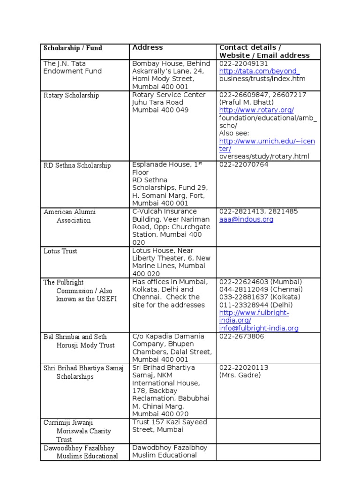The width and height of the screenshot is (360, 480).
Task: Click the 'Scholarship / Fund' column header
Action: click(73, 48)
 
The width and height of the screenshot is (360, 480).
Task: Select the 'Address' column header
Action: click(148, 47)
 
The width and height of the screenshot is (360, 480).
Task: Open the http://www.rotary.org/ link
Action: click(256, 110)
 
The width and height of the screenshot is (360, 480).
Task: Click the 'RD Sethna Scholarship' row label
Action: click(77, 165)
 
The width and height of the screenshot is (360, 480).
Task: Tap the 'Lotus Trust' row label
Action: click(60, 251)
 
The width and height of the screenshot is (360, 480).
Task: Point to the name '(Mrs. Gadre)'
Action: click(240, 375)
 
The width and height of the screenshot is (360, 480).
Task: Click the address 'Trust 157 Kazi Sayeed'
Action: click(169, 422)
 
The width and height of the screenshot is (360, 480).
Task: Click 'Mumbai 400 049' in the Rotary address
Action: click(160, 110)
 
